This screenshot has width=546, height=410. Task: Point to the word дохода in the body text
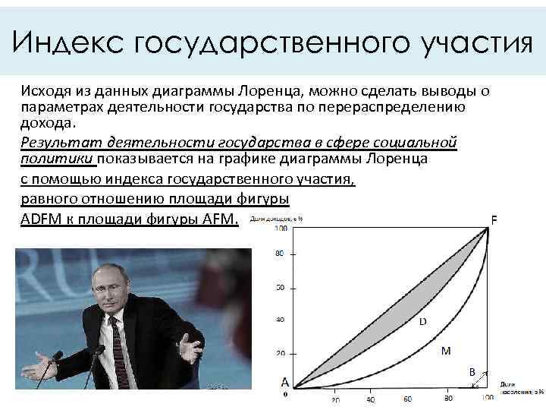(48, 124)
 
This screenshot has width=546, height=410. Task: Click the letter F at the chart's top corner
(494, 220)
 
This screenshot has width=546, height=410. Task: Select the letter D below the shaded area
(422, 322)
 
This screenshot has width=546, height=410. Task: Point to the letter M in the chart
(446, 351)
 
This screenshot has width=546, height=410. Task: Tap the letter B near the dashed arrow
(472, 372)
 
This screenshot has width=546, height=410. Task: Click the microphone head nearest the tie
(98, 352)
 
